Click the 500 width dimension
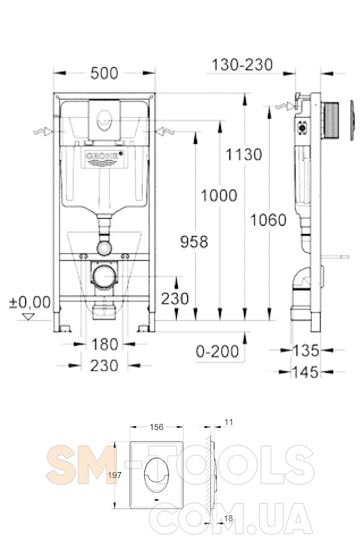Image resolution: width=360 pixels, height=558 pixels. coord(104,73)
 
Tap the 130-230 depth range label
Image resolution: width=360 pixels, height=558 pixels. coord(242,65)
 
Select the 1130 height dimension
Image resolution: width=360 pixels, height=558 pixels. coord(243,155)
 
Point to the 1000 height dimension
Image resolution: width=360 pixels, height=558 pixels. coord(219,195)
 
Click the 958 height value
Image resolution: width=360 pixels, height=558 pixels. coord(195,242)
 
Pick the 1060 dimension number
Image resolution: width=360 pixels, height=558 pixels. coord(268,220)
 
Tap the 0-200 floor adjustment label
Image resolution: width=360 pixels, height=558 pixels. coord(217,352)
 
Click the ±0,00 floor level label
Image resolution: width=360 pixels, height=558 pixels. coord(30,303)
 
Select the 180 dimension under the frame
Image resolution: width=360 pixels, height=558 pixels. coord(105,344)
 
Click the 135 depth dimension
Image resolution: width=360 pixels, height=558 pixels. coord(305,350)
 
